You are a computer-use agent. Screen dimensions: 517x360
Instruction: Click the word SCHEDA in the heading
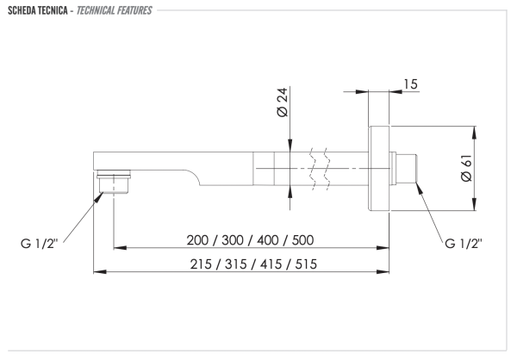[22, 10]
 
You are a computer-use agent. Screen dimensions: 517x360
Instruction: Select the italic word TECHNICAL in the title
[94, 10]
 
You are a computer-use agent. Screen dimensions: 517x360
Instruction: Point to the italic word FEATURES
[134, 10]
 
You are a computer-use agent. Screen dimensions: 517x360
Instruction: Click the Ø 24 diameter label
[283, 102]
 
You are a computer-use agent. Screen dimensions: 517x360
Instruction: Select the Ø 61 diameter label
[466, 168]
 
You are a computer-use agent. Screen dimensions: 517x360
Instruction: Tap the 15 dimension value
[410, 84]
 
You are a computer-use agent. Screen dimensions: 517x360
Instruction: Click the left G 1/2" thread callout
[39, 244]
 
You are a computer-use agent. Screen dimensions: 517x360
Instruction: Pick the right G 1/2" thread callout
[464, 244]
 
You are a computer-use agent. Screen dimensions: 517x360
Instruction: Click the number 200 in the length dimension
[197, 240]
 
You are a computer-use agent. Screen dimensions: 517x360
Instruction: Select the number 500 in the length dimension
[302, 240]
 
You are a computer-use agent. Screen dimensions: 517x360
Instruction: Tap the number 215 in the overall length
[201, 264]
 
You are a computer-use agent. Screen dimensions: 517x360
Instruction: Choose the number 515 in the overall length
[306, 264]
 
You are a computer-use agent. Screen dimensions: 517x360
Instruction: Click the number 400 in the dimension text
[268, 240]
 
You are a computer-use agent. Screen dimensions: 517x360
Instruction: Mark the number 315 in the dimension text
[236, 264]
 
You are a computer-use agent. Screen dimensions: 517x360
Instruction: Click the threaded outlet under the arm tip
[114, 182]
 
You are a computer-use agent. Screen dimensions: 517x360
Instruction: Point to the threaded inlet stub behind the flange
[403, 168]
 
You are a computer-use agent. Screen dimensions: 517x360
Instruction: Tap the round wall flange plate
[379, 168]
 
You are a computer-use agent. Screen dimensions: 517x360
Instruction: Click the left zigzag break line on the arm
[312, 169]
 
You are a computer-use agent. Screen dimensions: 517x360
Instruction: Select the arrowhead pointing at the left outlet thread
[98, 197]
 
